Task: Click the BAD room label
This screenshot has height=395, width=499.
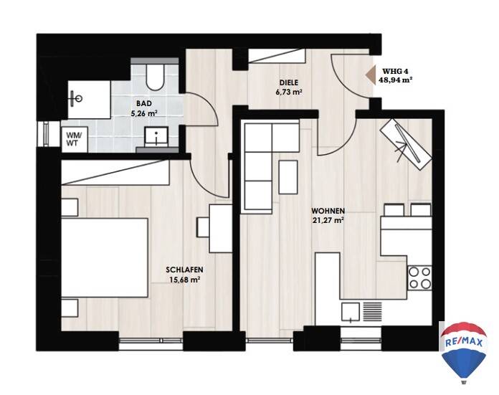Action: pos(144,103)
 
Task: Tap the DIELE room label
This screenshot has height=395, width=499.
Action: pos(289,82)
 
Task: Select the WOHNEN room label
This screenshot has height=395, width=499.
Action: pos(328,211)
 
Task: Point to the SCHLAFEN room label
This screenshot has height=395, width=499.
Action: pos(184,270)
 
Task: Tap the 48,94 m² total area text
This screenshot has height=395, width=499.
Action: pos(396,80)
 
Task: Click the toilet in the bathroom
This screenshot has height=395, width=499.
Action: pos(155,77)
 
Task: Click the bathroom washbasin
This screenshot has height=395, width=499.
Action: pos(156,136)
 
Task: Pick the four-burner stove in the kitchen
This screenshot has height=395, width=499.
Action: pos(419,278)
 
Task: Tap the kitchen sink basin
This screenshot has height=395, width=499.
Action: pos(351,312)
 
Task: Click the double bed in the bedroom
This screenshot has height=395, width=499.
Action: pos(105,258)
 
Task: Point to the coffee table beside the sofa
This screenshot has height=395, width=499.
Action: pos(288,177)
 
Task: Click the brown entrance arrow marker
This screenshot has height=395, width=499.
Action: pos(370,76)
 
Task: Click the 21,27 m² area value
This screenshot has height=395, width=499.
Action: pos(328,220)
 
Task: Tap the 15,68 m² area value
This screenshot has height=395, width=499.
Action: pos(184,280)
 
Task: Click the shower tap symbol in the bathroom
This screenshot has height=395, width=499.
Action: pos(77,98)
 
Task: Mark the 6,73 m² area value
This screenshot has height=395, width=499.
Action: pos(289,92)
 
